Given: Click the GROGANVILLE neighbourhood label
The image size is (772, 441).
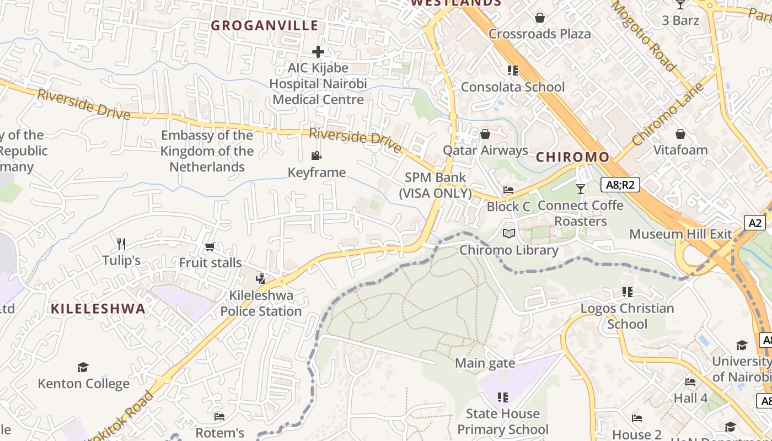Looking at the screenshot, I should coord(265,25).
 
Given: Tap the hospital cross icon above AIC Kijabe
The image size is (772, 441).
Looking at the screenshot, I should coord(318,52).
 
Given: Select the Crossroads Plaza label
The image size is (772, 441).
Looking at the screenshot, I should coord(539,34).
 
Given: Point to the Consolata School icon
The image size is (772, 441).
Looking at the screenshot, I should coord(513,71).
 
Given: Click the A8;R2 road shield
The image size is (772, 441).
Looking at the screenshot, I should coord(620,185).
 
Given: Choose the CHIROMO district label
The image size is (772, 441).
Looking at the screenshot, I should coord(573,157).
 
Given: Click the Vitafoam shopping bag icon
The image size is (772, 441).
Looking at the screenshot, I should coord(680,134).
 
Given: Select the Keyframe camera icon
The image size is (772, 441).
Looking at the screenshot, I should coord(317,156).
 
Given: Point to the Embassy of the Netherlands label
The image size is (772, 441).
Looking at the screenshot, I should coord(207,151).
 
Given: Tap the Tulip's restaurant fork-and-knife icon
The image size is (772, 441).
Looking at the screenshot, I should coord(121,244).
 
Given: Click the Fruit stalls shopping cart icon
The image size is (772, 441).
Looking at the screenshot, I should coord(210,247).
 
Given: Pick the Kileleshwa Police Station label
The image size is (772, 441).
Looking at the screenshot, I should coord(261,303).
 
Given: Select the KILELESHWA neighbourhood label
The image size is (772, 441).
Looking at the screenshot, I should coord(98,309).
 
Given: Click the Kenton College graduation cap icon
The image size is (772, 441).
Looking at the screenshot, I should coord(83,367).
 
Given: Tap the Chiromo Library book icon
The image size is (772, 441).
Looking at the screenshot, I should coord(509,234).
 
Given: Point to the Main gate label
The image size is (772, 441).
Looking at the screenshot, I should coord(485,363).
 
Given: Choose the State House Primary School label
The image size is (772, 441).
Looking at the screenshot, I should coord(502,422).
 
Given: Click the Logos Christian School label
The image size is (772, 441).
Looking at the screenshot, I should coord(627,316).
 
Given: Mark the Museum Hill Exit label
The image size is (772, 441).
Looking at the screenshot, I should coord(680,234).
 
